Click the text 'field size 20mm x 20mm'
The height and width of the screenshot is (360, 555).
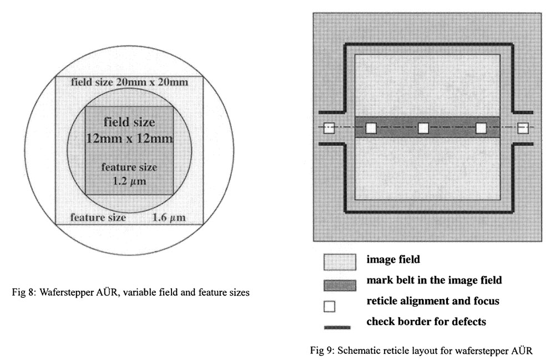click(x=129, y=82)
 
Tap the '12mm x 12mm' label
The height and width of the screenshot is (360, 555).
click(x=129, y=138)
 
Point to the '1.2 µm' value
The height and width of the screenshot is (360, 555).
click(x=129, y=181)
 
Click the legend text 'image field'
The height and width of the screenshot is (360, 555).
click(x=390, y=260)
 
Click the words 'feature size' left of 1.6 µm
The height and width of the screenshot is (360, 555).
click(x=98, y=217)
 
